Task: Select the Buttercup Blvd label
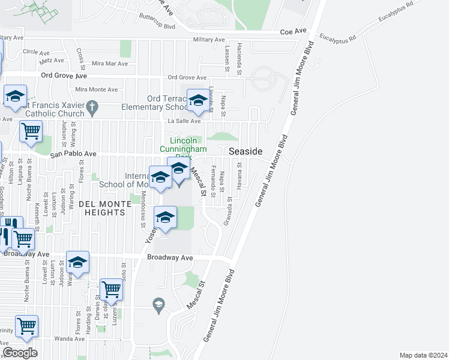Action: point(157,27)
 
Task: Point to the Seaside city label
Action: point(246,152)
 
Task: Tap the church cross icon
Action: point(91,108)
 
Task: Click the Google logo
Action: point(20,353)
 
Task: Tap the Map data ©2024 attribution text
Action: point(423,355)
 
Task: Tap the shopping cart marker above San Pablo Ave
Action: point(31,131)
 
